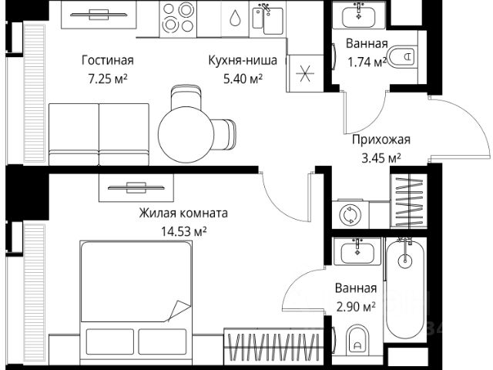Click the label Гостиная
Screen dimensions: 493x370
tap(107, 59)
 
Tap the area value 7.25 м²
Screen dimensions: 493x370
tap(107, 78)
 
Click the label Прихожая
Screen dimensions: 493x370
tap(381, 140)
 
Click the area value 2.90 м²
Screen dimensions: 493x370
tap(356, 306)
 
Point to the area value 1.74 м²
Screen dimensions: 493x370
tap(366, 62)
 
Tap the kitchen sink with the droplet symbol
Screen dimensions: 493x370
tap(235, 18)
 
